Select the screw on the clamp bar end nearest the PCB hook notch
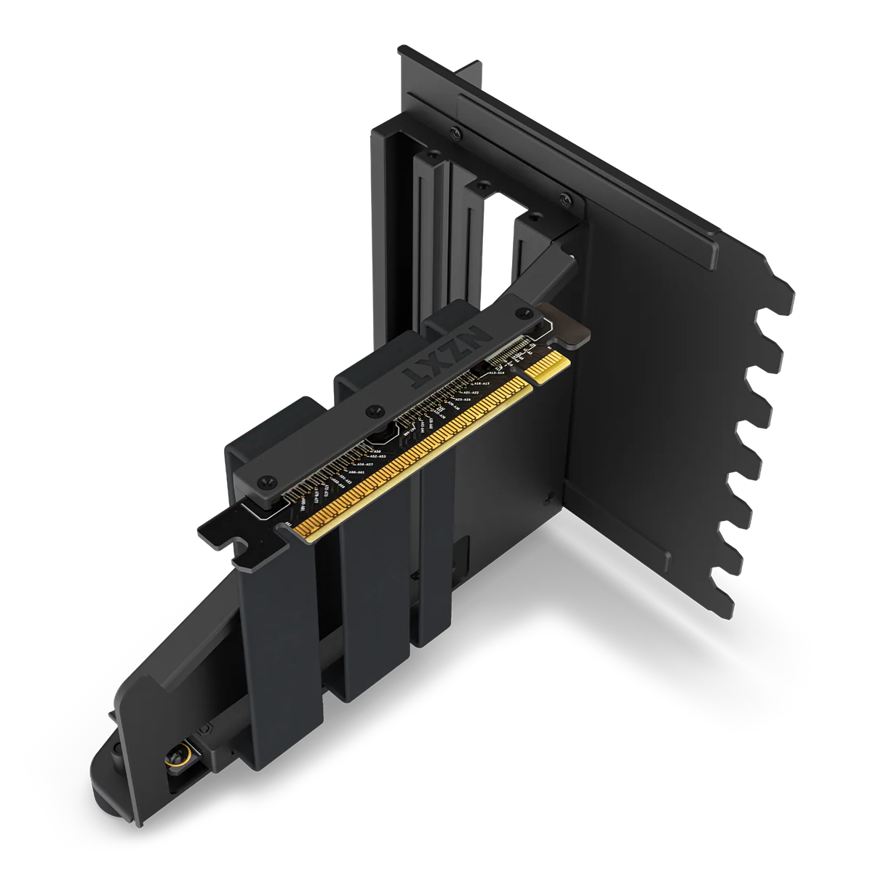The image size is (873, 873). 266,481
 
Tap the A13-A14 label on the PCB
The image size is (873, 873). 502,372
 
